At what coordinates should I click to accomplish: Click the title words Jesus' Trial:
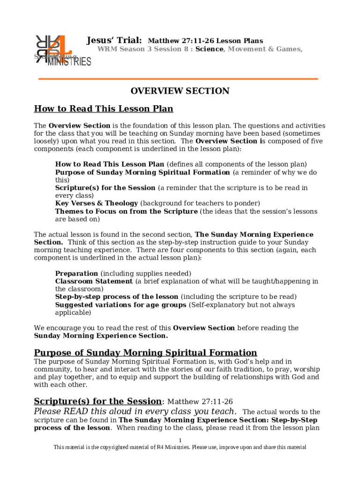[x=115, y=41]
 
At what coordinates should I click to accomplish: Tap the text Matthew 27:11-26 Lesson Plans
[x=205, y=41]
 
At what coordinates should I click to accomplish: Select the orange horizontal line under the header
[x=178, y=79]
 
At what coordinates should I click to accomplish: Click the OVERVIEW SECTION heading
[x=180, y=91]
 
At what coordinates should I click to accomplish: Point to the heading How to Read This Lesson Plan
[x=103, y=109]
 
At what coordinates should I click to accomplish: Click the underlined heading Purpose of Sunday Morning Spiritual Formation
[x=145, y=353]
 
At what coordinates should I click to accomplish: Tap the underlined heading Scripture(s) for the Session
[x=98, y=401]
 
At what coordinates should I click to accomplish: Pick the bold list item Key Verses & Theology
[x=96, y=203]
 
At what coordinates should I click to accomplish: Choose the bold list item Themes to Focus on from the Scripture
[x=126, y=211]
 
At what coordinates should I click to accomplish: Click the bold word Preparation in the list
[x=76, y=274]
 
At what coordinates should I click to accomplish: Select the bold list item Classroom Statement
[x=94, y=282]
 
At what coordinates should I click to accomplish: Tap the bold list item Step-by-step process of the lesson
[x=116, y=297]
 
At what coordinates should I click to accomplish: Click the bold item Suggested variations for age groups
[x=121, y=305]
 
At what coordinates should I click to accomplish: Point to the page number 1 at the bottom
[x=180, y=441]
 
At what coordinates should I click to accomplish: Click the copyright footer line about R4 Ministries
[x=180, y=448]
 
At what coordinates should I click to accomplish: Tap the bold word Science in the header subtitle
[x=209, y=49]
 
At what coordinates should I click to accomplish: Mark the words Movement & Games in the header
[x=265, y=49]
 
